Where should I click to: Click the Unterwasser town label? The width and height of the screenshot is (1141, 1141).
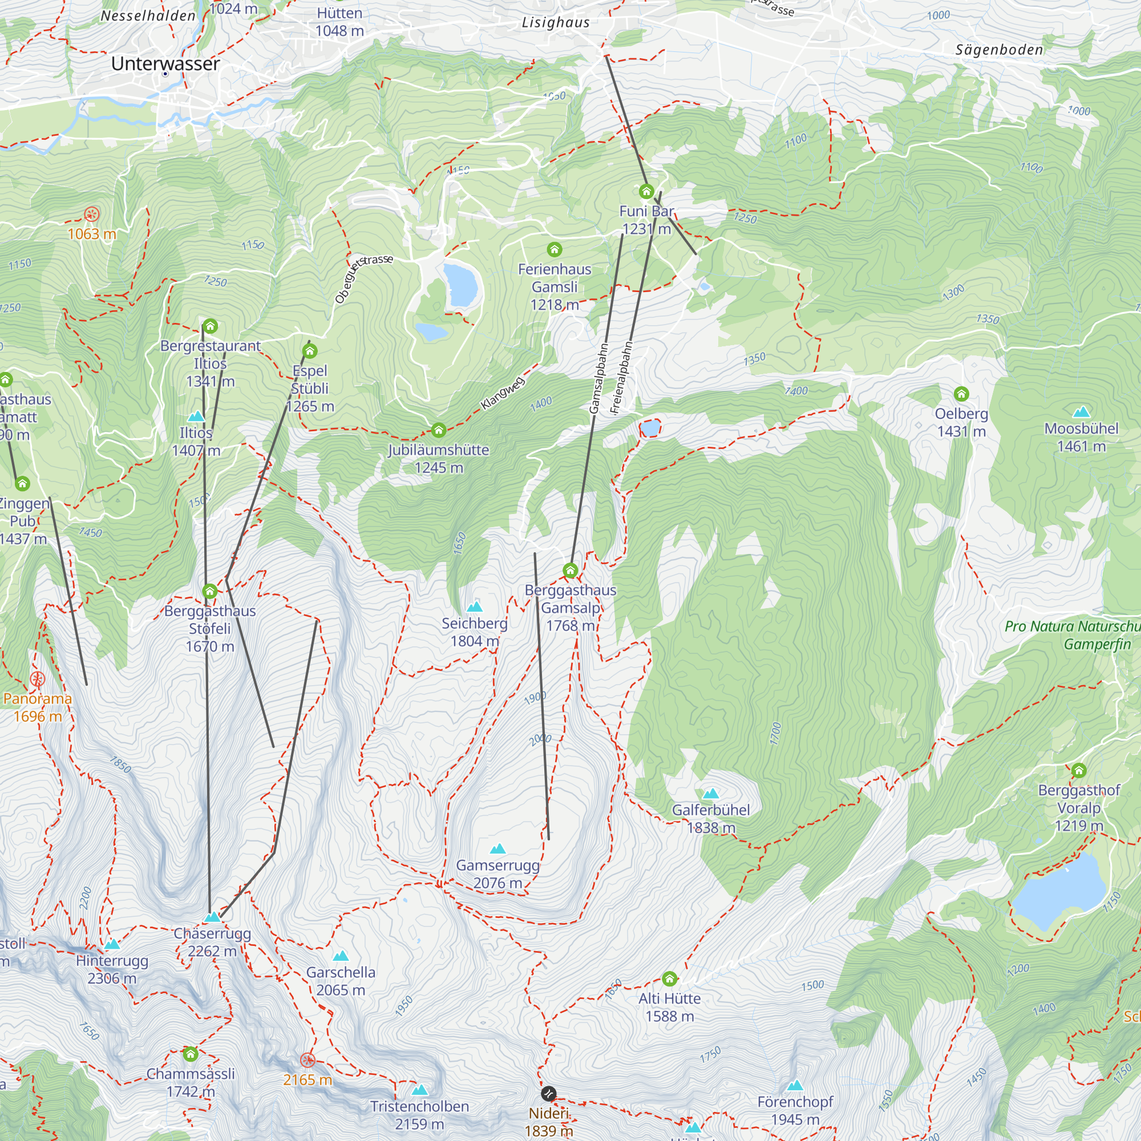[x=165, y=63]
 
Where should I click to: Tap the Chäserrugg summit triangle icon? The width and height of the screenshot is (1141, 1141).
[x=213, y=917]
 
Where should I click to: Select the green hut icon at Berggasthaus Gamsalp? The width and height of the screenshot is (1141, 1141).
[x=570, y=570]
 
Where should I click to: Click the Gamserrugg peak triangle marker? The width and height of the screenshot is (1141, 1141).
[x=498, y=849]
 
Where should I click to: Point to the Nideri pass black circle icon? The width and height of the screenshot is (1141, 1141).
[x=548, y=1094]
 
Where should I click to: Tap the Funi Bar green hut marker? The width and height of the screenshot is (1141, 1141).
[x=646, y=191]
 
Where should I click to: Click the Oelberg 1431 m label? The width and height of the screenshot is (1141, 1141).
[x=961, y=422]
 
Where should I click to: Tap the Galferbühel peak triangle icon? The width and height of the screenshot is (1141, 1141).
[x=710, y=793]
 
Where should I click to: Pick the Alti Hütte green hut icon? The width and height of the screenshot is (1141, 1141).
[x=669, y=979]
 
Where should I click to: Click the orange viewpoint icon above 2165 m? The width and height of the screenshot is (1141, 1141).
[x=307, y=1060]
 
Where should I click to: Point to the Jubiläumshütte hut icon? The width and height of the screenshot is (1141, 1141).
[x=438, y=430]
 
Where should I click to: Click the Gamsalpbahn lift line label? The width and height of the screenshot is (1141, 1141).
[x=598, y=378]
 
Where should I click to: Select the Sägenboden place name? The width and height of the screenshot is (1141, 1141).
[x=1000, y=50]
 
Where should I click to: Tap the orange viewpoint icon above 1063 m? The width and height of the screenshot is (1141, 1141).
[x=91, y=214]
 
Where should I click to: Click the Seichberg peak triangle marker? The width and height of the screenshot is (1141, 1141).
[x=474, y=606]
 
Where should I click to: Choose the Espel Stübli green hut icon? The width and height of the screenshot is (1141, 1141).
[x=309, y=351]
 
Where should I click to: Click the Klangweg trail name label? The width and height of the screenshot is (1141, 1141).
[x=503, y=393]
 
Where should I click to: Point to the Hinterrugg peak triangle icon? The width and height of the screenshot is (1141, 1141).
[x=112, y=944]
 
